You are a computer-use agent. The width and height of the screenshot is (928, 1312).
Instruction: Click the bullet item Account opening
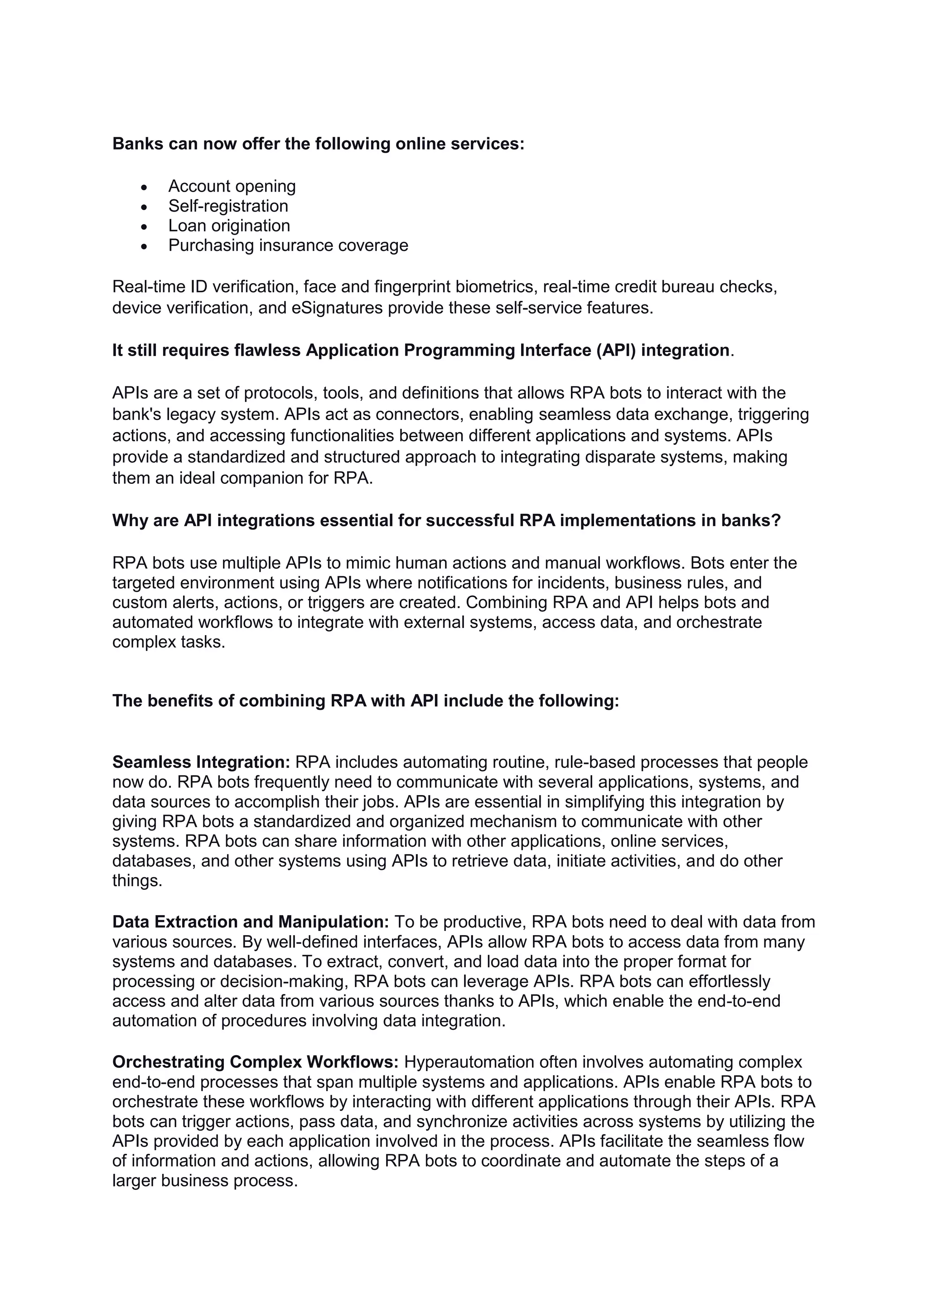[x=232, y=186]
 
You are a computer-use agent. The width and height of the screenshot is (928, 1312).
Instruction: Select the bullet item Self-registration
[x=228, y=206]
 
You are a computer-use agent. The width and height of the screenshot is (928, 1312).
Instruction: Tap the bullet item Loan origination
[x=229, y=226]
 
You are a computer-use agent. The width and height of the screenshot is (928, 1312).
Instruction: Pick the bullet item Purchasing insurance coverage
[x=288, y=245]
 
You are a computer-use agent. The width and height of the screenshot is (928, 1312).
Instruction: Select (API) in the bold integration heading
[x=616, y=350]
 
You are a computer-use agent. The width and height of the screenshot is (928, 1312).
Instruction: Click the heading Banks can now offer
[x=318, y=144]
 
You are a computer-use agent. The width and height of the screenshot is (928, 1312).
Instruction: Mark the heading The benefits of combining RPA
[x=365, y=700]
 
